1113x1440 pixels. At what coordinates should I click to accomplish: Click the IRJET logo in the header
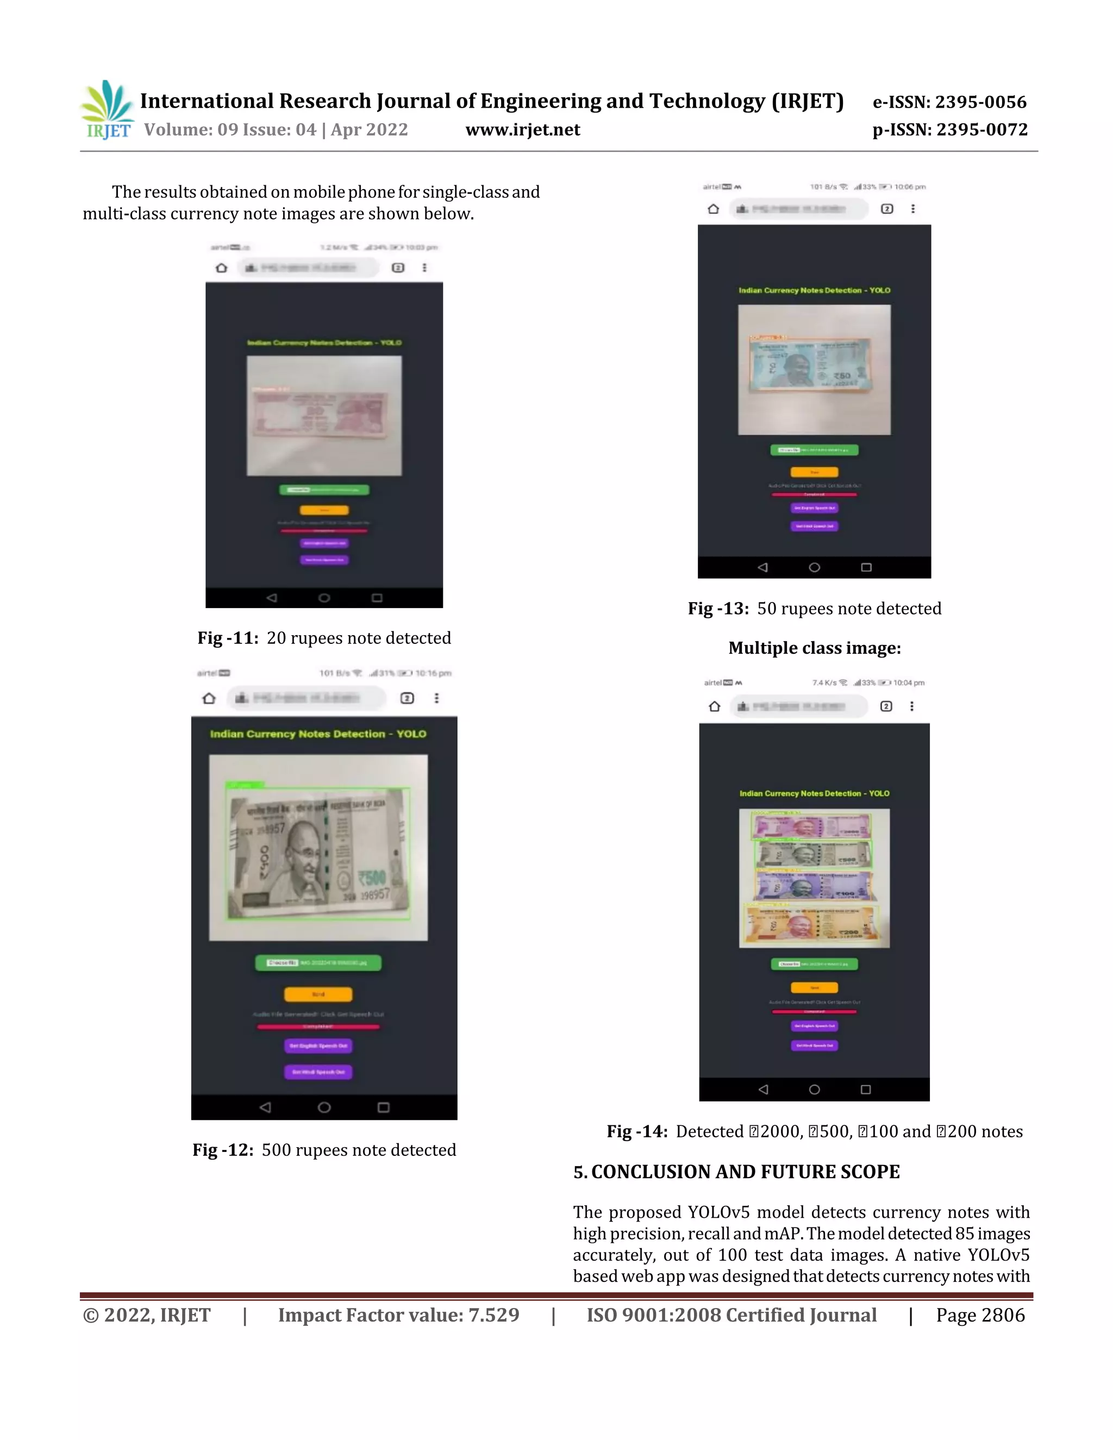pyautogui.click(x=107, y=110)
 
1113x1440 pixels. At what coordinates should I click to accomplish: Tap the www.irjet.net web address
pyautogui.click(x=522, y=130)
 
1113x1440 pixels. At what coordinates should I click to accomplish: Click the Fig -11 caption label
pyautogui.click(x=228, y=638)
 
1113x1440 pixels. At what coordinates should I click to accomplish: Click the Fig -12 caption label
pyautogui.click(x=223, y=1150)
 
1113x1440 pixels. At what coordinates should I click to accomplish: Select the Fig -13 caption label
pyautogui.click(x=718, y=609)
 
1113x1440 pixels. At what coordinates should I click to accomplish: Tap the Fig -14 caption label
pyautogui.click(x=637, y=1131)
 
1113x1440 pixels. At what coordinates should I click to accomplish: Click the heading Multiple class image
pyautogui.click(x=814, y=648)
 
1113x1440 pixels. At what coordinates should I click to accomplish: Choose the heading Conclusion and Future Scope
pyautogui.click(x=736, y=1172)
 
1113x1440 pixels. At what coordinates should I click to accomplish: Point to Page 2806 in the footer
pyautogui.click(x=980, y=1316)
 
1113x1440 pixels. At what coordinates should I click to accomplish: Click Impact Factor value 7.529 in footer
pyautogui.click(x=398, y=1316)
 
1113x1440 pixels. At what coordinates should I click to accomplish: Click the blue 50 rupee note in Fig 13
pyautogui.click(x=811, y=365)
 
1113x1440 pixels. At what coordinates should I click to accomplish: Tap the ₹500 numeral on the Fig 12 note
pyautogui.click(x=372, y=878)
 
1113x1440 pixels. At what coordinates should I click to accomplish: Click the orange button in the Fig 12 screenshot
pyautogui.click(x=318, y=994)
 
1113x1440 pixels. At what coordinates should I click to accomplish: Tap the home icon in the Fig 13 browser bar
pyautogui.click(x=714, y=209)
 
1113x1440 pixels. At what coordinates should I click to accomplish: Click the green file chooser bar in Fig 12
pyautogui.click(x=318, y=963)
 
